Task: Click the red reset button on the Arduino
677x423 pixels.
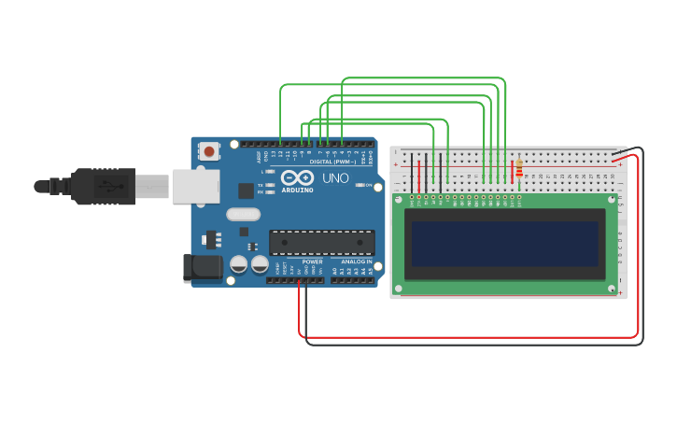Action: (209, 150)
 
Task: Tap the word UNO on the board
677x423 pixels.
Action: (335, 178)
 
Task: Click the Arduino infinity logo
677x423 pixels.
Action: (298, 176)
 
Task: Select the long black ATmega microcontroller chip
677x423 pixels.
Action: (321, 243)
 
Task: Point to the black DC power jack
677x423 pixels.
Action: (202, 268)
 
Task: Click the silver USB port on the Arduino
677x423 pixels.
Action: (195, 186)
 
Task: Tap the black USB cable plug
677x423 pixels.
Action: (103, 186)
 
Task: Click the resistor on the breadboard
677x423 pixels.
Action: (519, 169)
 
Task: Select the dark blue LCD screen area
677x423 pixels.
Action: (505, 244)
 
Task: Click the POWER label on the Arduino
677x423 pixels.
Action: (312, 261)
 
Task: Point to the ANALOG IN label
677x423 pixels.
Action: (356, 261)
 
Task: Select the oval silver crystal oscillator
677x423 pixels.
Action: (243, 214)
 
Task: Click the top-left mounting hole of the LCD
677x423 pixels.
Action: (399, 199)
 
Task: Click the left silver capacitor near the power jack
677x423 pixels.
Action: (239, 264)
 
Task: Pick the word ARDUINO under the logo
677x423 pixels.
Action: (299, 189)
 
